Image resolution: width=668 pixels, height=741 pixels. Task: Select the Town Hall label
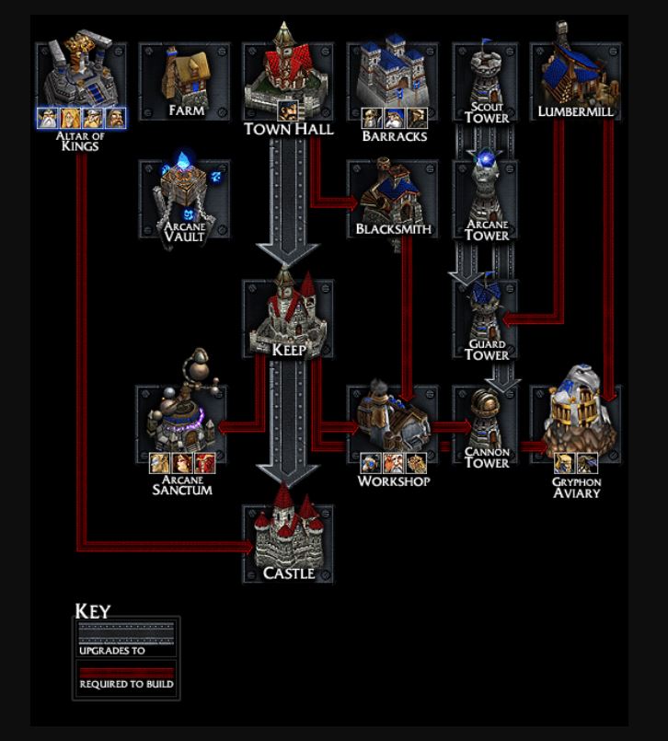pos(288,130)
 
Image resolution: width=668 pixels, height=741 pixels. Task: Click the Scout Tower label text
pos(486,112)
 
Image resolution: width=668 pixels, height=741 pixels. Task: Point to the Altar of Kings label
pos(81,141)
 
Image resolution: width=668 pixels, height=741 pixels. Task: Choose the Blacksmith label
pos(394,228)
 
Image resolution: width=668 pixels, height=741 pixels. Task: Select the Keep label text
pos(288,350)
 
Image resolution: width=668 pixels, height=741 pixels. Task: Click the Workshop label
pos(394,480)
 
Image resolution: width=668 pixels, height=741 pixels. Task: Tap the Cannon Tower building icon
pos(486,419)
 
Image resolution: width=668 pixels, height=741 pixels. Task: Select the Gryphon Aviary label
pos(577,487)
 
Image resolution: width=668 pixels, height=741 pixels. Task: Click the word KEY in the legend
pos(92,611)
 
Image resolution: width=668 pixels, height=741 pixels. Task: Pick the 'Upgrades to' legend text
pos(112,650)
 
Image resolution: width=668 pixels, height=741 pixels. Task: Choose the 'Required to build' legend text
pos(126,684)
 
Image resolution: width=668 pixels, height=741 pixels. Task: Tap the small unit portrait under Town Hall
pos(287,110)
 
